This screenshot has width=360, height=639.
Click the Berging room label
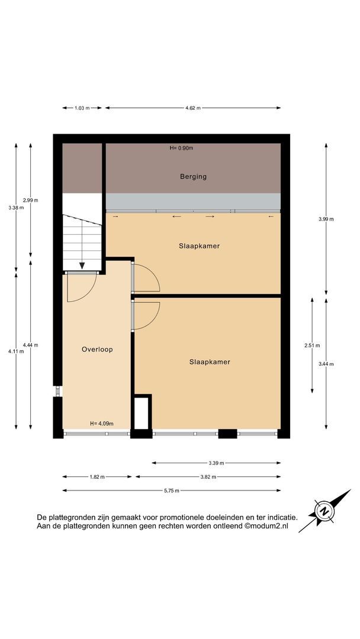click(193, 176)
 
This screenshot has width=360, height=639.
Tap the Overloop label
click(97, 349)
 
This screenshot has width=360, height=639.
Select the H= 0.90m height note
click(181, 148)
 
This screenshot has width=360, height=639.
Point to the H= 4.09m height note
click(101, 424)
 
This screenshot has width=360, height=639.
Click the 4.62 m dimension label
click(193, 108)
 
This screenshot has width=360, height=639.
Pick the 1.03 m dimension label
click(82, 108)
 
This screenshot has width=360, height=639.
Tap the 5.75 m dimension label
click(172, 490)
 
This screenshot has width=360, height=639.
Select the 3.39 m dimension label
click(216, 463)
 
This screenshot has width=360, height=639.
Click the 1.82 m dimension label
click(97, 477)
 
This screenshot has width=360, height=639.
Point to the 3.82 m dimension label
click(208, 477)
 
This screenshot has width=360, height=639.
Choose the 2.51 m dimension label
click(312, 346)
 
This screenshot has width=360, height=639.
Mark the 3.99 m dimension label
click(326, 219)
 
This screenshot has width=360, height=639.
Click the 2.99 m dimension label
click(31, 200)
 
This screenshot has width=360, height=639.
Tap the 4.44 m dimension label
click(31, 345)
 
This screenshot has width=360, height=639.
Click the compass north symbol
click(324, 511)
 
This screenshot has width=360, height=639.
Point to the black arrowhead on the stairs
click(82, 266)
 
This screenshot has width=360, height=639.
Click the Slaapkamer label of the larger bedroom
click(210, 362)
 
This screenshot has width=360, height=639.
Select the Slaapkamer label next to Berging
click(200, 246)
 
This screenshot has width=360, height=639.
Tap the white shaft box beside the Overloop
click(141, 413)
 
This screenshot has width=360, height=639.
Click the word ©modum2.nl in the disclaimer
click(266, 526)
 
